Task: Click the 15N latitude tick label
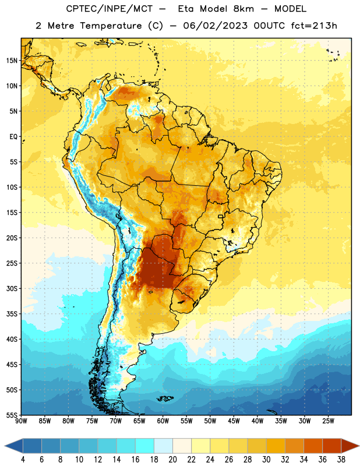coord(12,61)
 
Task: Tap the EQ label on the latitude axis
coord(13,137)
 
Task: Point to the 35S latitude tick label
coord(12,314)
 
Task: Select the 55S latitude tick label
coord(12,415)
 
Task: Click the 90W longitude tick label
coord(21,421)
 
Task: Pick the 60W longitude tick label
coord(163,421)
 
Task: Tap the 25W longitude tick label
coord(328,421)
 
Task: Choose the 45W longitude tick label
coord(234,421)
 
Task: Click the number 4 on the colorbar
coord(23,460)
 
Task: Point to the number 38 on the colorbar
coord(341,460)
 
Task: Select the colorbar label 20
coord(172,460)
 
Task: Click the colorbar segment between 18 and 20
coord(163,446)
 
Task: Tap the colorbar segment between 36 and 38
coord(332,446)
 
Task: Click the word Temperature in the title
coord(111,26)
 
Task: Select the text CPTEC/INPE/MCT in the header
coord(110,9)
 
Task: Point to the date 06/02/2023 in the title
coord(215,26)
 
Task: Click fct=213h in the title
coord(314,26)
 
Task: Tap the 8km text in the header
coord(243,9)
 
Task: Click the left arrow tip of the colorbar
coord(5,446)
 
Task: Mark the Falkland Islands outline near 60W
coord(165,398)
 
